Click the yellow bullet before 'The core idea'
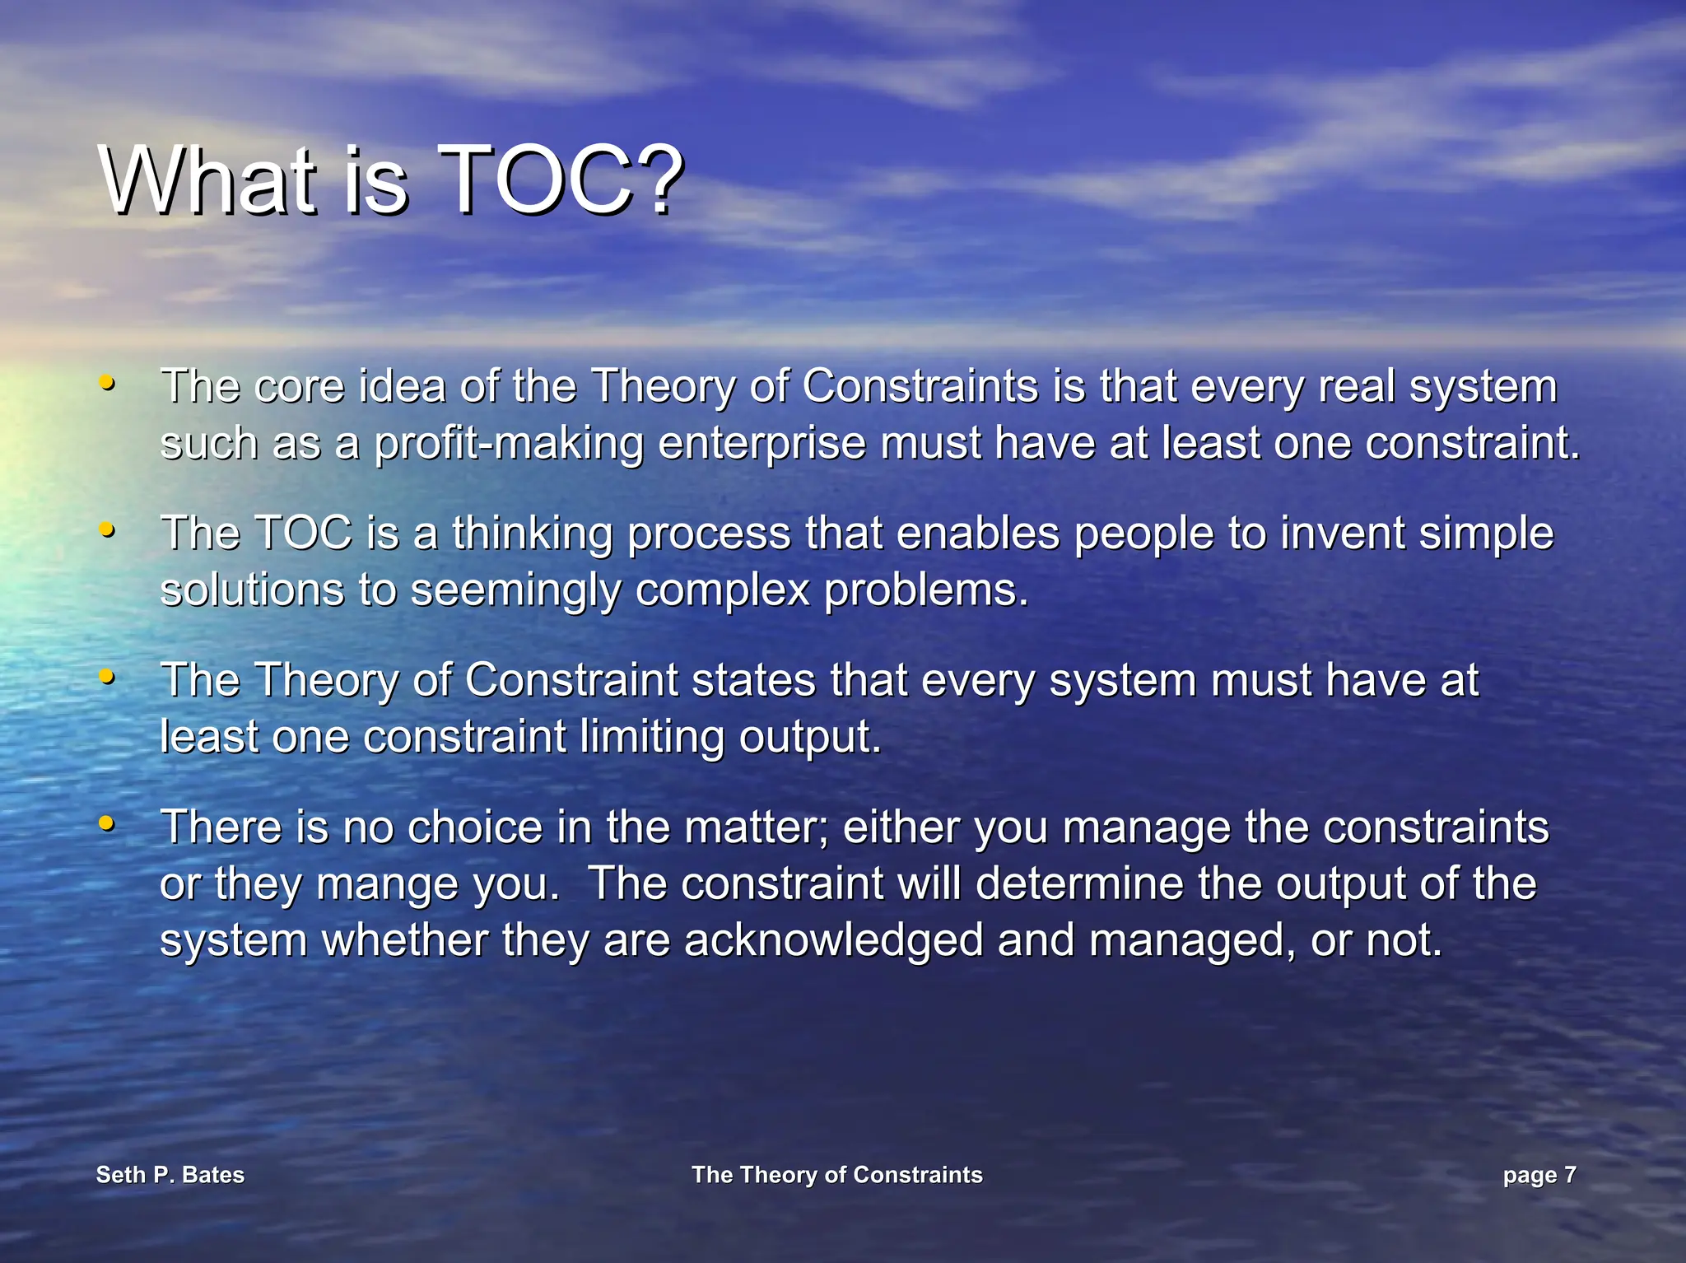click(x=106, y=383)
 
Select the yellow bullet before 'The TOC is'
click(x=106, y=529)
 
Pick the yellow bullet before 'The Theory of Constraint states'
click(x=106, y=677)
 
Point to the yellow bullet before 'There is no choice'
click(x=106, y=823)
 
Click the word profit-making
click(x=508, y=445)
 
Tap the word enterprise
click(x=761, y=445)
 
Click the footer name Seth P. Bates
click(x=170, y=1175)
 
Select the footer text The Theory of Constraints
click(x=836, y=1175)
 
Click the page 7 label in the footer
click(x=1539, y=1175)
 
